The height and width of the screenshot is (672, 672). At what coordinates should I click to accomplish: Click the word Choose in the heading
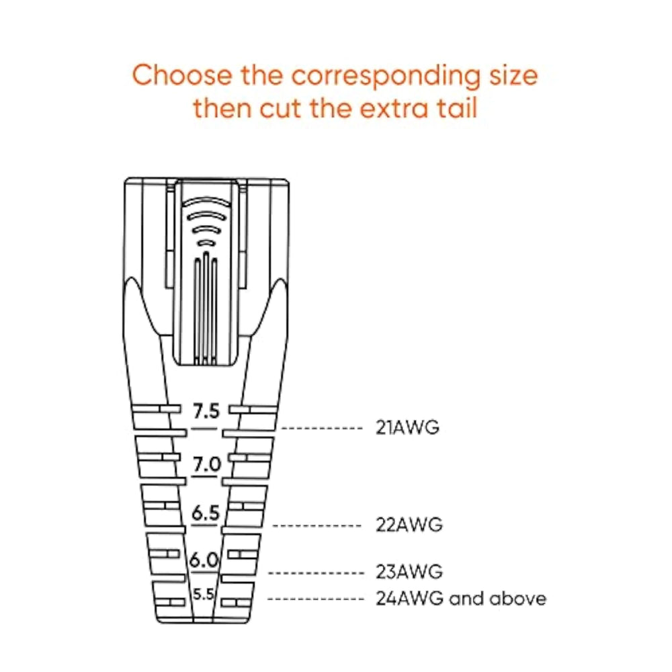(x=181, y=75)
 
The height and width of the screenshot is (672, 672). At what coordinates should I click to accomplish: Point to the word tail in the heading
(x=457, y=108)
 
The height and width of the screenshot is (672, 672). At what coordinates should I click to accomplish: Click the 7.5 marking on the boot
(x=206, y=411)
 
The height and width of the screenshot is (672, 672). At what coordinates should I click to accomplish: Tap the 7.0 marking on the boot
(x=206, y=464)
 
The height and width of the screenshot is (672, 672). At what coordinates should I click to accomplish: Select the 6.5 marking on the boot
(x=205, y=513)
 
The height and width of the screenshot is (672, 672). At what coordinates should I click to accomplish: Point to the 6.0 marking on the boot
(x=204, y=560)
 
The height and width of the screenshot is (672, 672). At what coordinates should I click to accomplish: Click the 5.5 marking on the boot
(x=203, y=595)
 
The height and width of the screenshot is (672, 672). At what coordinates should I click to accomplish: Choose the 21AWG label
(x=407, y=427)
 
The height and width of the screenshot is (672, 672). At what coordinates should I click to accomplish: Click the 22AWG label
(x=409, y=525)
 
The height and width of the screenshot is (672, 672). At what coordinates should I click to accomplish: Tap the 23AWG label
(x=409, y=572)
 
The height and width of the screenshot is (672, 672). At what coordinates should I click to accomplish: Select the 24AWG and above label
(x=461, y=599)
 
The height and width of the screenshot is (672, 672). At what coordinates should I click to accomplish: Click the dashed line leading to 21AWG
(x=322, y=428)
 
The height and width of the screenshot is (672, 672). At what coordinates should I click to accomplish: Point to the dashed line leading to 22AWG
(x=317, y=526)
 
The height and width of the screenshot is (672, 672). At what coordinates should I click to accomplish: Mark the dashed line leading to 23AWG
(x=316, y=573)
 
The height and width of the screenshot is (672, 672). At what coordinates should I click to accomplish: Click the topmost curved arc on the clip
(x=206, y=202)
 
